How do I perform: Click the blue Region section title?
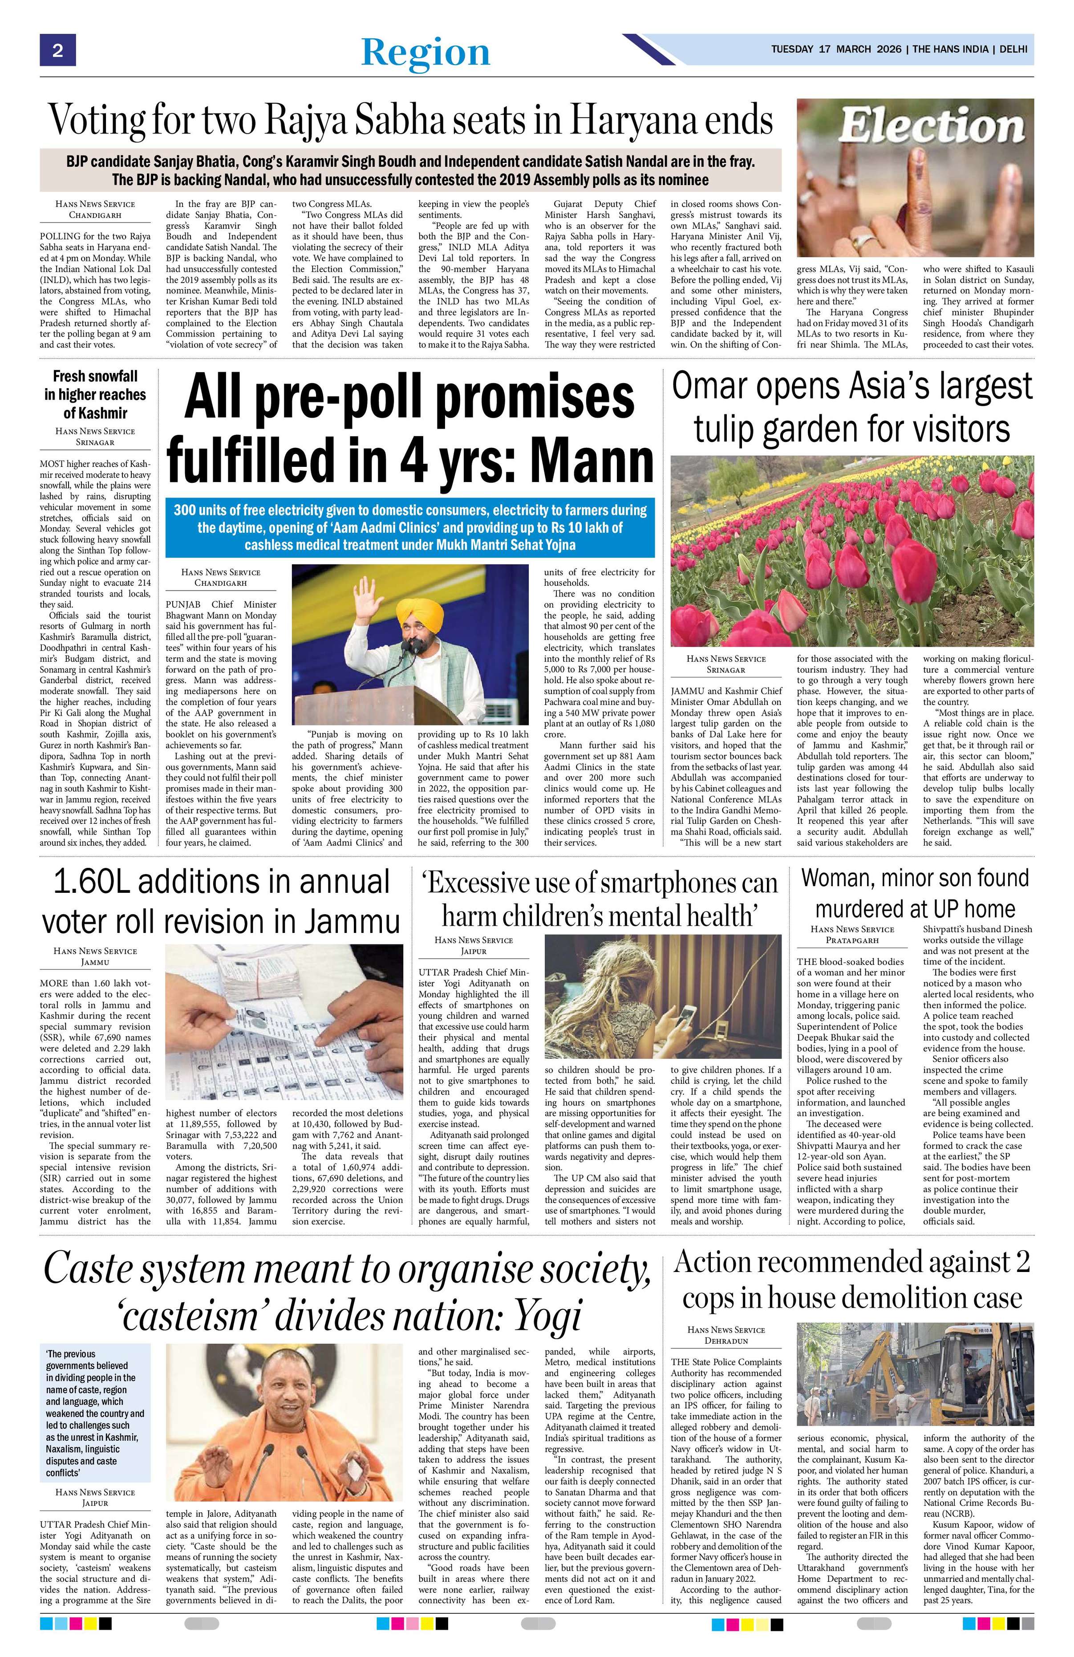[x=426, y=52]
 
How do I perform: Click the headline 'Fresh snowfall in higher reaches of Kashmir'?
[x=95, y=394]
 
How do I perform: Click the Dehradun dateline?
[x=725, y=1340]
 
